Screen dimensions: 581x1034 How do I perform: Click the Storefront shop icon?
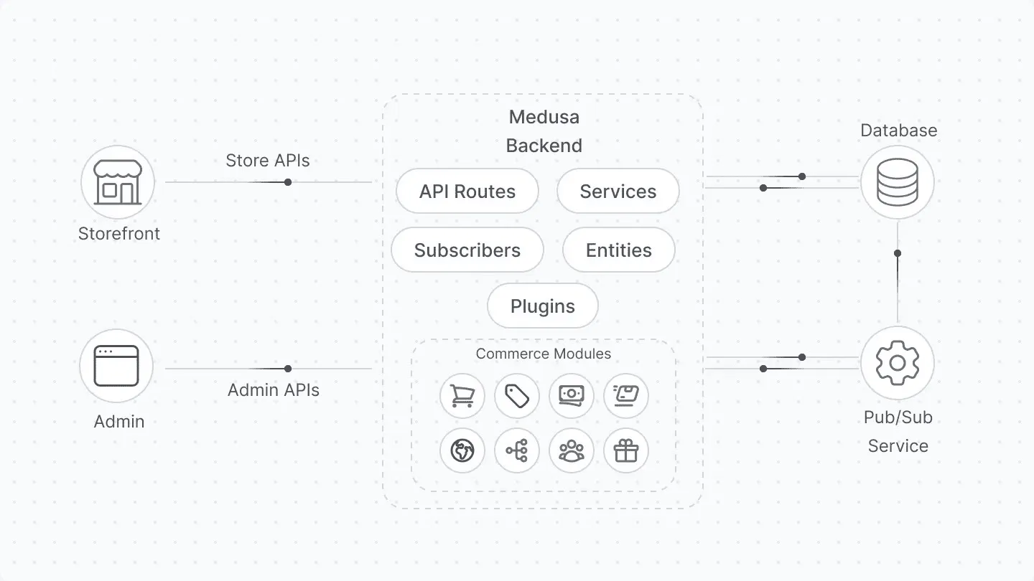(118, 182)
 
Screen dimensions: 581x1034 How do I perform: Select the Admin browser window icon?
(117, 366)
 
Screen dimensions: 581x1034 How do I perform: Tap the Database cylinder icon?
(897, 182)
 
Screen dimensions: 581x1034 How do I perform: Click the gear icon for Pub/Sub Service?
(897, 363)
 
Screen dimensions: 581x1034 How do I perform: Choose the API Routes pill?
(467, 192)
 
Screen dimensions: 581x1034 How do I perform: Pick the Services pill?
(618, 192)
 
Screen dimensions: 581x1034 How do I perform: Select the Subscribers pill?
(467, 250)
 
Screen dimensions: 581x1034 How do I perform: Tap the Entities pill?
(618, 250)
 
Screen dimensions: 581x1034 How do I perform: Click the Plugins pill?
(542, 306)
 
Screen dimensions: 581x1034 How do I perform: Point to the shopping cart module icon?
(462, 395)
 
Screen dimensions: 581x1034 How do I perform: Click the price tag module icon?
(516, 395)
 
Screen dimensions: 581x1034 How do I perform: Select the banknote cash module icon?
(571, 395)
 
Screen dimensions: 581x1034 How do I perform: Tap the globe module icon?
(462, 450)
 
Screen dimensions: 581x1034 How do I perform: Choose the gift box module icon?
(625, 450)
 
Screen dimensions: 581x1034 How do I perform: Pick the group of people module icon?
(571, 450)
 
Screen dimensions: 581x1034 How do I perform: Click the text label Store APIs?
(268, 161)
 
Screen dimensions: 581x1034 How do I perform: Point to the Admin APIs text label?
(273, 390)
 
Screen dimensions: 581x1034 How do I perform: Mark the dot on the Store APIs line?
(288, 182)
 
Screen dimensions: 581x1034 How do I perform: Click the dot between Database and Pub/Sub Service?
(897, 253)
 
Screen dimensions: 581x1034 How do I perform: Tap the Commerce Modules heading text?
(543, 354)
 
